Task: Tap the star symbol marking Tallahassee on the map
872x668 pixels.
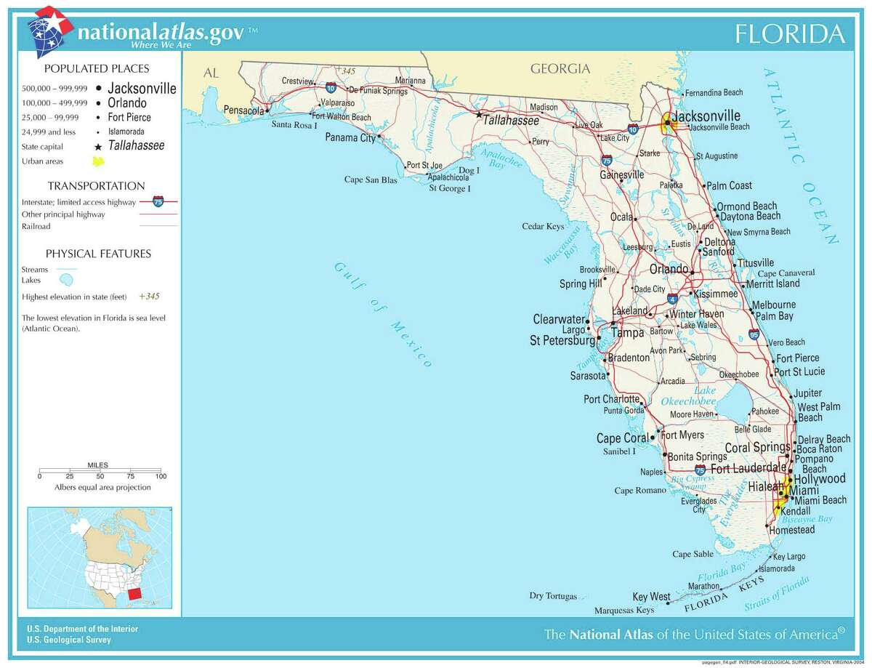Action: point(478,115)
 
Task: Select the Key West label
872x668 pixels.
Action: point(651,596)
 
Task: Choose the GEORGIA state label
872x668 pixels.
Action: point(560,69)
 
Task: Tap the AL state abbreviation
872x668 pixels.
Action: point(211,73)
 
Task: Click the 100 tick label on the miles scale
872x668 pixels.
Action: point(161,476)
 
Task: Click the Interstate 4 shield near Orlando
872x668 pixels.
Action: point(672,298)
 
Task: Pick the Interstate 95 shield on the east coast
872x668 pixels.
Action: point(754,335)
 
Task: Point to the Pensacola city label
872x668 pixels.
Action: point(243,110)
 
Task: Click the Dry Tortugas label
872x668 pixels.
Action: point(552,596)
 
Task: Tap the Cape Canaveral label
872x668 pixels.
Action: point(786,273)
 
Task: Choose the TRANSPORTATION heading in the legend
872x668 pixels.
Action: point(96,186)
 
